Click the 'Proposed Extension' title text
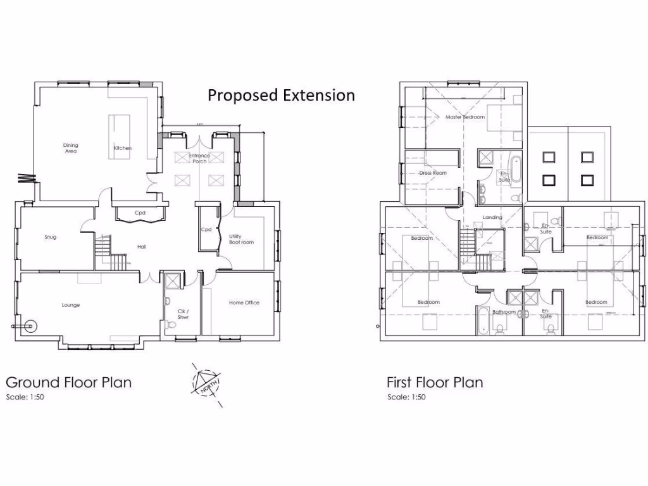point(281,96)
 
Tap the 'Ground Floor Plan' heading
point(69,382)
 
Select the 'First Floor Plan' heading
point(435,382)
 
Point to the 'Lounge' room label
point(71,305)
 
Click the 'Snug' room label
point(51,237)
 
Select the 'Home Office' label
point(244,302)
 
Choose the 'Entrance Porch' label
point(199,158)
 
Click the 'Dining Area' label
point(70,148)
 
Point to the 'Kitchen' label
point(123,148)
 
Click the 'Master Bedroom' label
point(464,117)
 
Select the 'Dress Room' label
point(433,173)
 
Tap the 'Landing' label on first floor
point(492,217)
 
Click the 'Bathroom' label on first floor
point(504,311)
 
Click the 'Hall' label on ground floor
point(142,247)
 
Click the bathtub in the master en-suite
point(516,169)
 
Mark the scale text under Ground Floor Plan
point(25,397)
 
